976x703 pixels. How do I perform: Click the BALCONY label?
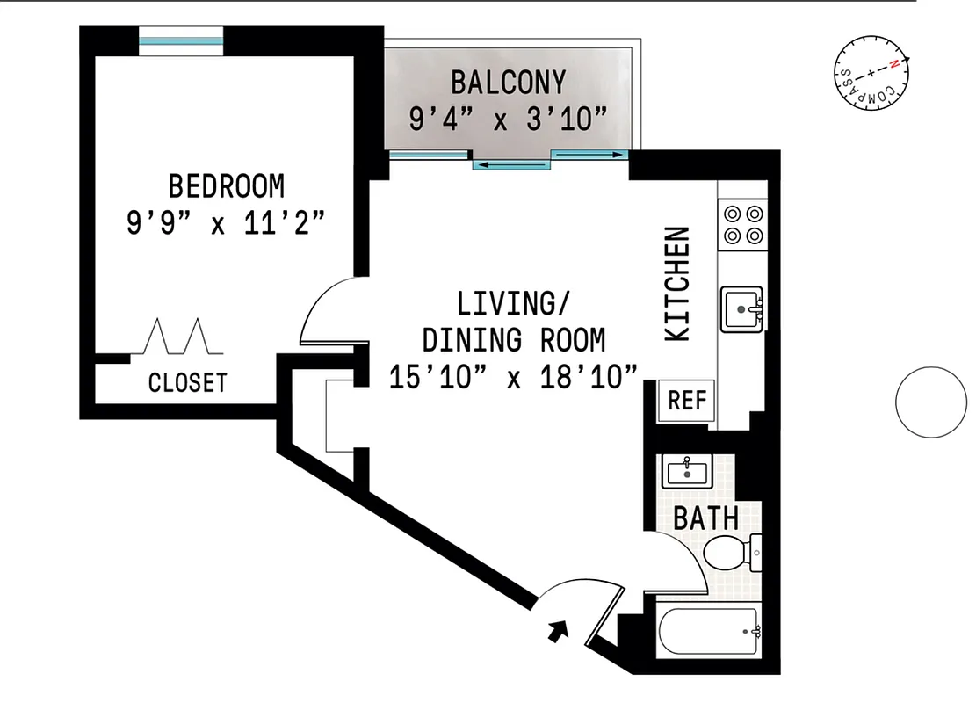(x=508, y=82)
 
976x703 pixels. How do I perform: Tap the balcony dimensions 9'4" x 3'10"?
(x=508, y=119)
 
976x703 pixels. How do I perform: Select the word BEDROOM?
(x=227, y=186)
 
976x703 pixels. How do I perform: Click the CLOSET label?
(x=187, y=383)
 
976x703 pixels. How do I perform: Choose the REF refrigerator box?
(x=687, y=401)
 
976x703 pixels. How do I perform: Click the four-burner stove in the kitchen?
(x=742, y=224)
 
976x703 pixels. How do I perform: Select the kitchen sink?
(x=743, y=309)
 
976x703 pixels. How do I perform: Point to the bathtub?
(x=708, y=632)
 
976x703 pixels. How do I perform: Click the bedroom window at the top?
(x=182, y=40)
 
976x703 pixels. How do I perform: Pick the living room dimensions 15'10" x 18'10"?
(x=513, y=377)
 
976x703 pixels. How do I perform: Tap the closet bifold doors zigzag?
(x=178, y=337)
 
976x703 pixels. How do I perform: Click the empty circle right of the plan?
(x=930, y=402)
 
